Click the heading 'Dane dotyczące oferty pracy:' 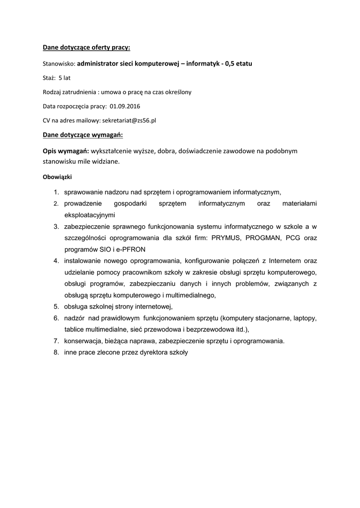pyautogui.click(x=86, y=48)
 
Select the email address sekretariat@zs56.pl pyautogui.click(x=129, y=120)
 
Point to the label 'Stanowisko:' pyautogui.click(x=59, y=64)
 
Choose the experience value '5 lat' pyautogui.click(x=64, y=78)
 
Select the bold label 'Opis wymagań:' pyautogui.click(x=66, y=150)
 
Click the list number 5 pyautogui.click(x=56, y=307)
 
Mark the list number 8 pyautogui.click(x=56, y=353)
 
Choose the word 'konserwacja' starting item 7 pyautogui.click(x=82, y=341)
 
